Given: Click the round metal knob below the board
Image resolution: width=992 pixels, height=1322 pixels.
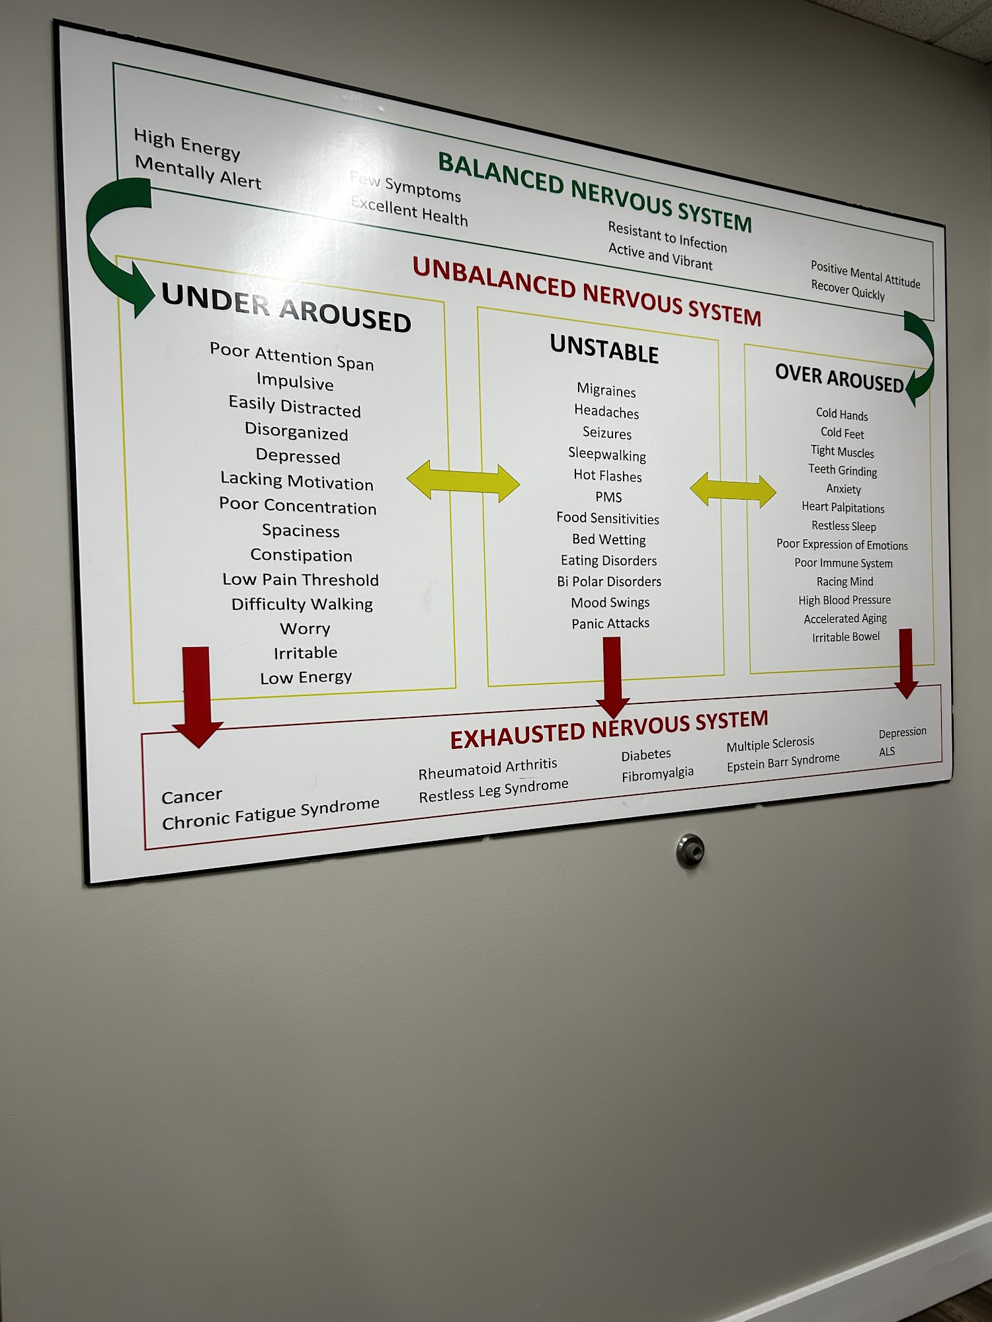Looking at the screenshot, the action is (690, 850).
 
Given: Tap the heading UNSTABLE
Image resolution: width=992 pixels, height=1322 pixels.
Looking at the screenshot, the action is (604, 349).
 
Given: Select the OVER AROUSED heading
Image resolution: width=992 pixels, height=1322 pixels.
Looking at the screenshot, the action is (839, 378).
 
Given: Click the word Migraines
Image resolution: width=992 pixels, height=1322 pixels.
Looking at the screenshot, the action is (606, 390).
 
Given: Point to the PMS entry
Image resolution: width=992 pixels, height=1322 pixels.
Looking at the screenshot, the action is (608, 497).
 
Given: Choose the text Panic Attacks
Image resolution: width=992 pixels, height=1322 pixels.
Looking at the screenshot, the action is (610, 623).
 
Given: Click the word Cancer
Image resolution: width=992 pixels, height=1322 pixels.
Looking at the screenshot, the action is (192, 797).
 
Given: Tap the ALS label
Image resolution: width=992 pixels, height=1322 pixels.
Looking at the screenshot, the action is (887, 752).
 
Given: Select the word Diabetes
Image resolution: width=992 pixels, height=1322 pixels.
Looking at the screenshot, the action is (646, 755).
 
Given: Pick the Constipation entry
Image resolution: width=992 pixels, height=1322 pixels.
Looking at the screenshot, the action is (301, 555).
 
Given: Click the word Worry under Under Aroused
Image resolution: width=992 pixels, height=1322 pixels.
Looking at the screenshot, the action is (305, 629).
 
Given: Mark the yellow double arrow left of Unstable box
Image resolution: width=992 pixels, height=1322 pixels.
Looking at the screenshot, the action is (463, 481).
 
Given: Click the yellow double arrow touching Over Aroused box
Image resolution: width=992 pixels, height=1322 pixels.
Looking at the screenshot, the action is (733, 490).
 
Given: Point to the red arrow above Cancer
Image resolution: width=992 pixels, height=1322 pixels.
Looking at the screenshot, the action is (196, 697).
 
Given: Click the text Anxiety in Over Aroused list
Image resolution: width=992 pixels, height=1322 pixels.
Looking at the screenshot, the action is (843, 489).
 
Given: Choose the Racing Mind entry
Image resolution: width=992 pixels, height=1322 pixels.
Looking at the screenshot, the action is (845, 582).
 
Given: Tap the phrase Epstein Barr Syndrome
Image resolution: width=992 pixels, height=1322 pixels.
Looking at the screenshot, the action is (783, 762).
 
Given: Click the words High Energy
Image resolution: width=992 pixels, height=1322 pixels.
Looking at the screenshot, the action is (187, 144).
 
